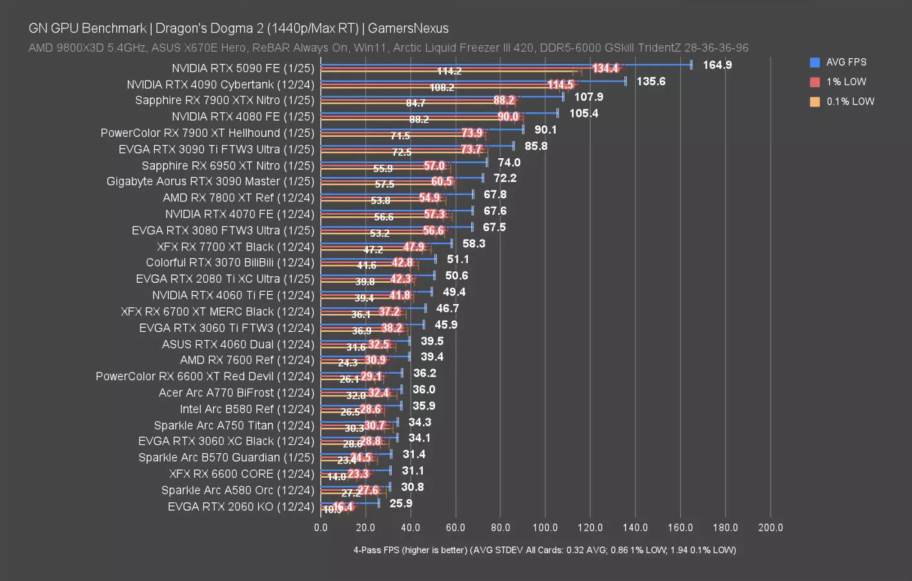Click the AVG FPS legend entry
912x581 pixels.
846,63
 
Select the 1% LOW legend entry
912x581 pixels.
846,82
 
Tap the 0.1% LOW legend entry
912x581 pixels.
850,101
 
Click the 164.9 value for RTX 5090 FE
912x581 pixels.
717,65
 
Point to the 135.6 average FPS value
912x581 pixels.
651,81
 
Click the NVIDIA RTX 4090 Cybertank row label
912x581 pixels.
220,85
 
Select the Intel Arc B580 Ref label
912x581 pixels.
247,409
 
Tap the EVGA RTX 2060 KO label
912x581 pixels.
241,507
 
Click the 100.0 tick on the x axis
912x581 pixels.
545,527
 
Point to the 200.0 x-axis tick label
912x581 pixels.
770,527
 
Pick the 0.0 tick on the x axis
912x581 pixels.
321,527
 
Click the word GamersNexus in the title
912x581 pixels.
408,28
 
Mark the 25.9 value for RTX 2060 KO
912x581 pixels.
401,504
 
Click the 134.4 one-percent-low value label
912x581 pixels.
605,68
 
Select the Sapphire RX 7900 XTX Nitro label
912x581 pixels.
225,100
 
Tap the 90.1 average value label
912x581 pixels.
545,130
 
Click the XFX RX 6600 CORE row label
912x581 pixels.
241,474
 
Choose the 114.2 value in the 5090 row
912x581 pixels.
449,71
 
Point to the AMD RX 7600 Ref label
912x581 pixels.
247,360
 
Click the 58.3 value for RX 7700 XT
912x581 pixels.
474,243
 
